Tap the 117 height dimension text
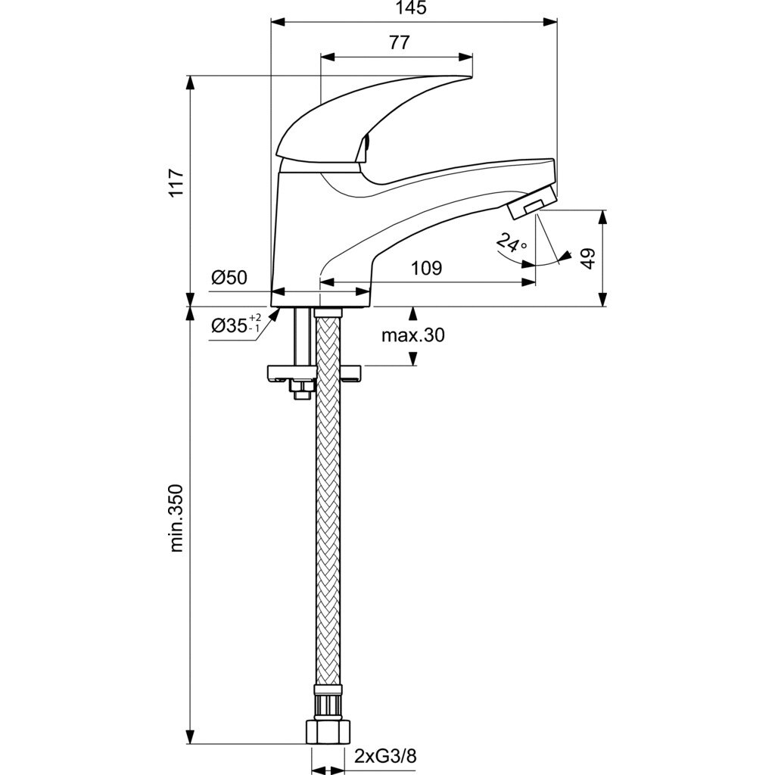coord(176,182)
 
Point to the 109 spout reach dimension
coord(427,269)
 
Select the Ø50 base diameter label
coord(229,278)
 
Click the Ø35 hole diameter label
coord(229,325)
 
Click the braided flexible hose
coord(328,530)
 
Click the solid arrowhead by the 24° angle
coord(564,257)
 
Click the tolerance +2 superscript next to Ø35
coord(255,317)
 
